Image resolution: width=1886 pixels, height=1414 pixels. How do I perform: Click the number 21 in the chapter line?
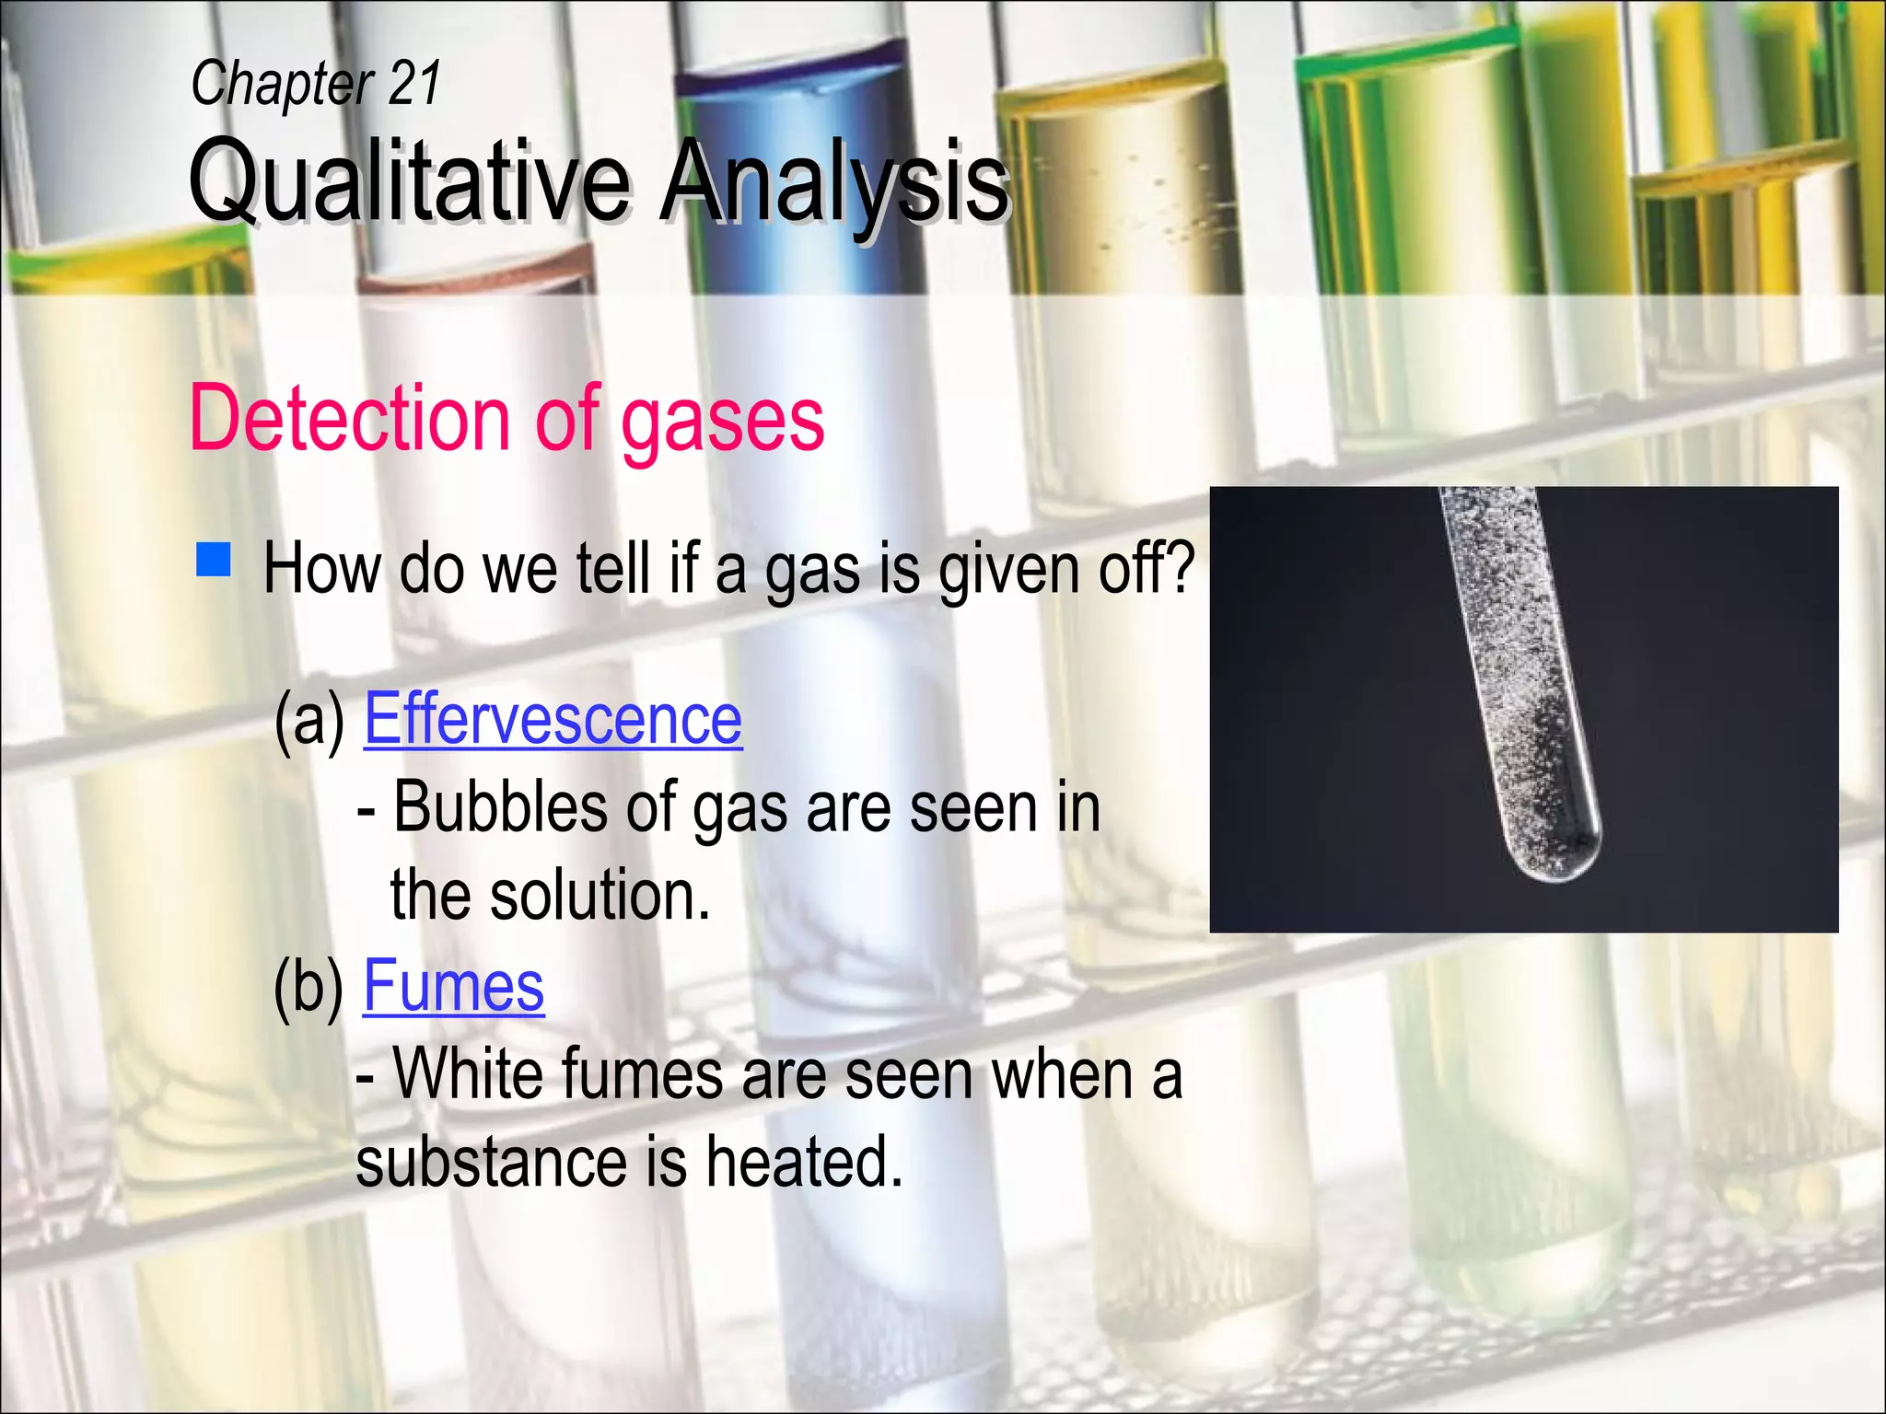pyautogui.click(x=414, y=83)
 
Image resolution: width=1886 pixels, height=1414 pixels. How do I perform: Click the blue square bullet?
pyautogui.click(x=214, y=560)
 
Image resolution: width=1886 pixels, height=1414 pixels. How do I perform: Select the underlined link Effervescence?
pyautogui.click(x=553, y=719)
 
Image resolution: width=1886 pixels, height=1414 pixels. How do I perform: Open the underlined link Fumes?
pyautogui.click(x=454, y=986)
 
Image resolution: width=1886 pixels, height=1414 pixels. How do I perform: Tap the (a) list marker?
pyautogui.click(x=309, y=721)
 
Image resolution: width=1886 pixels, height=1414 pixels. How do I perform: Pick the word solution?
pyautogui.click(x=600, y=896)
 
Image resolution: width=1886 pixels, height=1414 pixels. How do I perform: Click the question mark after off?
pyautogui.click(x=1182, y=567)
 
